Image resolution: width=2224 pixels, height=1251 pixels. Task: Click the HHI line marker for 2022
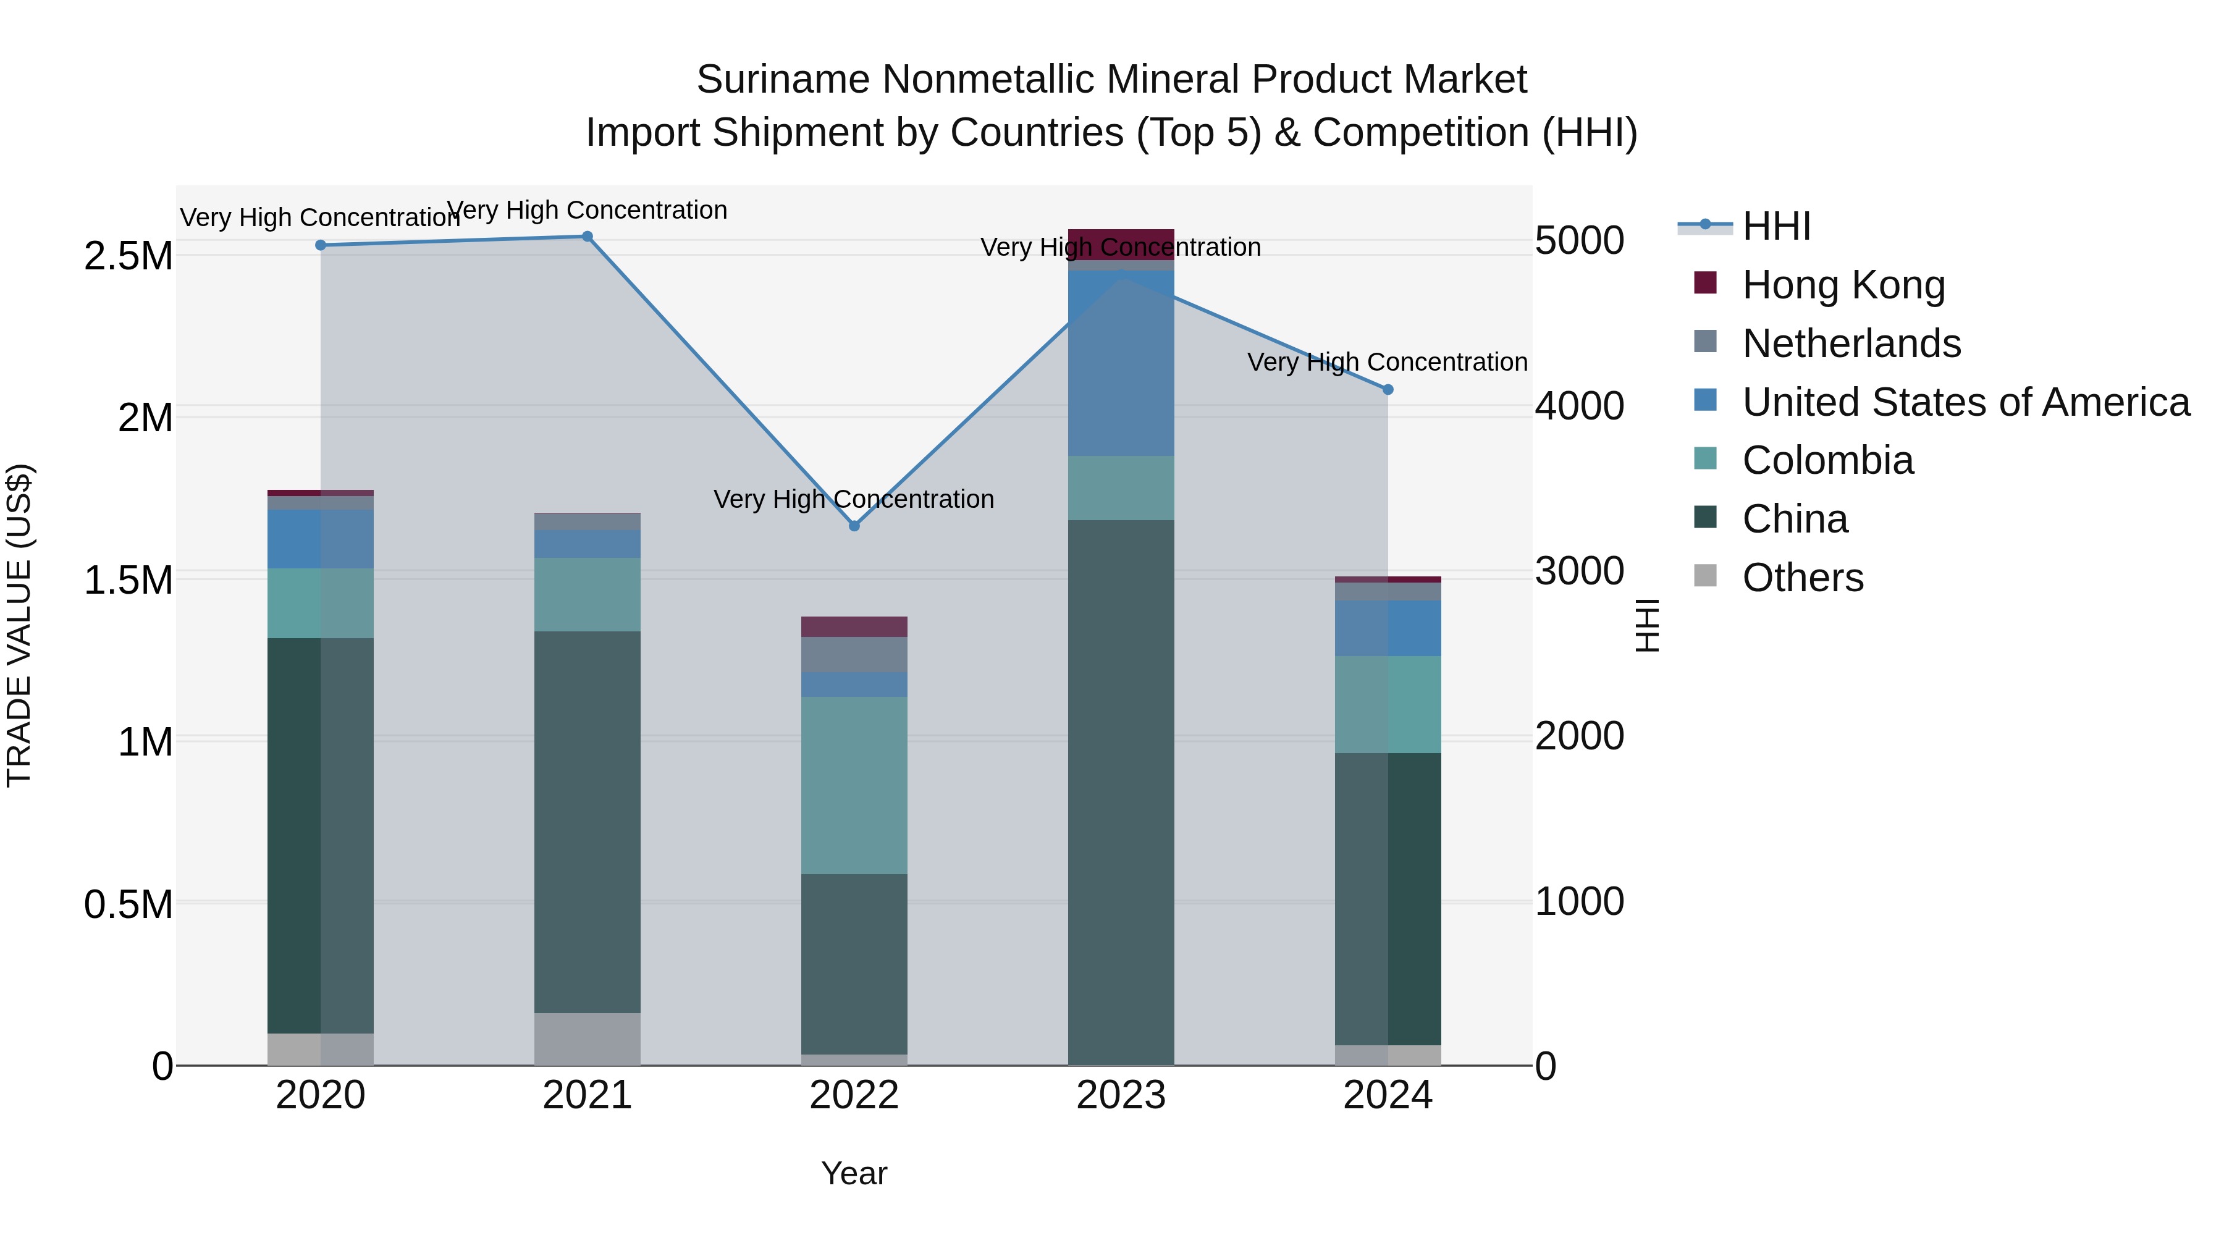(854, 526)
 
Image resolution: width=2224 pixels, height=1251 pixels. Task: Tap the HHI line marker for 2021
(587, 237)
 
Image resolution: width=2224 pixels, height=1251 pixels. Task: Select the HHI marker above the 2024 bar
(1388, 389)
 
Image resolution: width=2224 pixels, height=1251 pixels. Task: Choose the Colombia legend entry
(1827, 460)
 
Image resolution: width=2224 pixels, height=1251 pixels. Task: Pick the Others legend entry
(1802, 578)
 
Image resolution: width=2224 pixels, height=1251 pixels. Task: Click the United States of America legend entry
(1965, 402)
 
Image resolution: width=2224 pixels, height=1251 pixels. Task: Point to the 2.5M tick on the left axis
(128, 256)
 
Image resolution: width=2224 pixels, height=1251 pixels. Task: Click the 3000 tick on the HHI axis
(1579, 571)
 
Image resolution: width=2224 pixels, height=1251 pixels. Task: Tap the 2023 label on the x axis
(1121, 1095)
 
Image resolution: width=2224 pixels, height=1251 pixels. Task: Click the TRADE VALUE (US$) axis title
(19, 625)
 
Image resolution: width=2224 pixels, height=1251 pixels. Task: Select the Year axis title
(854, 1173)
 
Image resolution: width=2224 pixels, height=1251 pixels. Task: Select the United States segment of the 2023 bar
(1121, 363)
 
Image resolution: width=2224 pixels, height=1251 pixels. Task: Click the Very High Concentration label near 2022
(854, 499)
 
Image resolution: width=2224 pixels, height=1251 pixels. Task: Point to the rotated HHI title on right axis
(1646, 625)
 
